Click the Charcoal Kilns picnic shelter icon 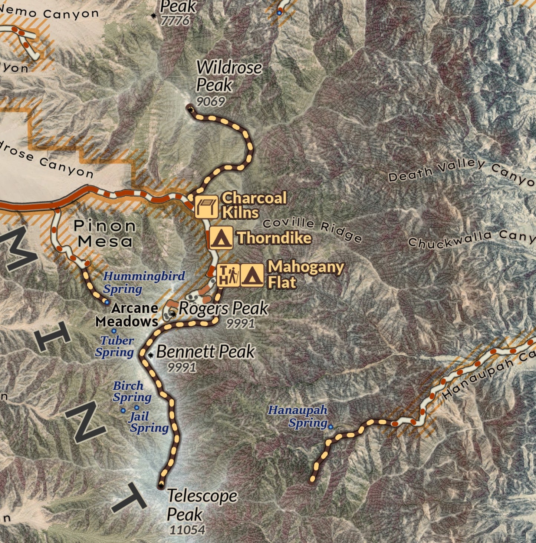click(206, 207)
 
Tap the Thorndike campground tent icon click(221, 238)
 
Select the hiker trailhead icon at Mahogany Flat click(228, 275)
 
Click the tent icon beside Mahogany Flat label click(252, 275)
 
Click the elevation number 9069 click(210, 101)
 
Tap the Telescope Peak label click(201, 505)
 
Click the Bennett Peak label click(205, 352)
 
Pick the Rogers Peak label click(223, 309)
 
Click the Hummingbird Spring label click(144, 282)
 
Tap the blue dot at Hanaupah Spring click(331, 427)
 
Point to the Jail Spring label click(148, 423)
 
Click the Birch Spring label click(132, 392)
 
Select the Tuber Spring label click(115, 346)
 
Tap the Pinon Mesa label click(105, 233)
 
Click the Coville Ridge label click(312, 230)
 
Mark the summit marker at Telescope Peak click(161, 485)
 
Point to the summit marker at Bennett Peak click(151, 355)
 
